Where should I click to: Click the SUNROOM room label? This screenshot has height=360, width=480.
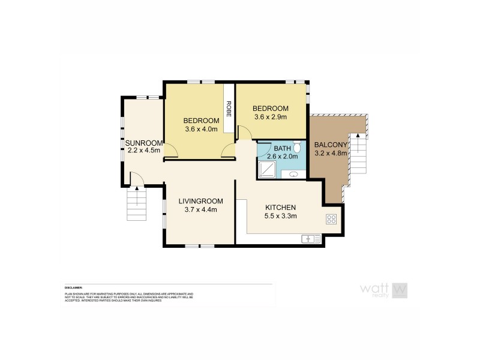pos(143,142)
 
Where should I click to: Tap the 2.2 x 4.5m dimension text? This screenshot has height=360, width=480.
pos(143,150)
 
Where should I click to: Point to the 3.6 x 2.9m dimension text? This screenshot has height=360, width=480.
pos(271,117)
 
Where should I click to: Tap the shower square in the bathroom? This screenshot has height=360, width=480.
pos(266,170)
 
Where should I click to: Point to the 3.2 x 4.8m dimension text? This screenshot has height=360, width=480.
pos(331,153)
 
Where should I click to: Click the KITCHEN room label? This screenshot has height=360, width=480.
pos(281,208)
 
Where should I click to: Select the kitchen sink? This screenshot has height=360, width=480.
pos(311,239)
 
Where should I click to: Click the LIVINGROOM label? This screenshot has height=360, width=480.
pos(201,201)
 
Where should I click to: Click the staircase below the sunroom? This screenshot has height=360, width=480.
pos(136,205)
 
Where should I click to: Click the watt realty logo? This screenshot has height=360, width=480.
pos(383,290)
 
